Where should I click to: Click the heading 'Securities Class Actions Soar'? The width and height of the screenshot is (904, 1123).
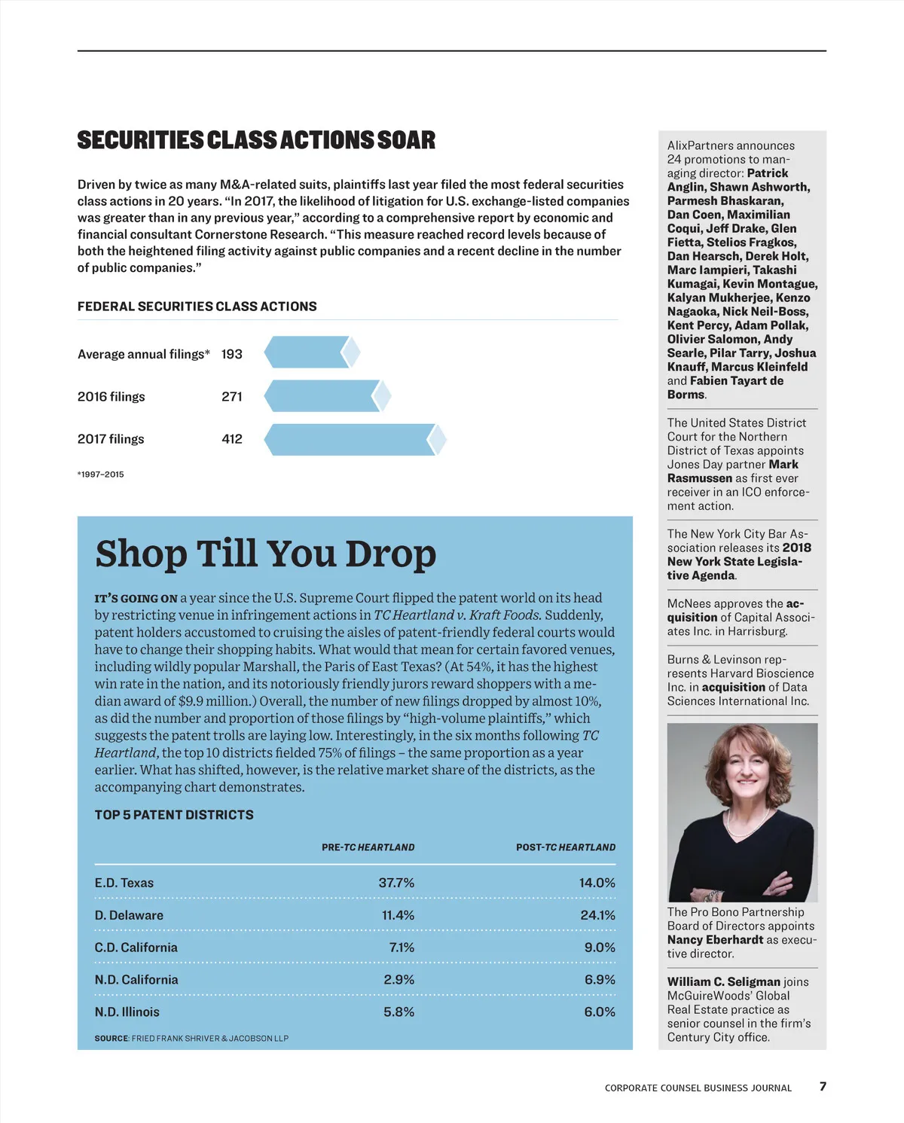256,141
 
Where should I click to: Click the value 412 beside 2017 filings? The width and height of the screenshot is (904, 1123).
232,439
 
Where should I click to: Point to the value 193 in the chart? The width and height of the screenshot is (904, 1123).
232,354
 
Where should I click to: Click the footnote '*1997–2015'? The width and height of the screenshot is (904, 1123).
101,475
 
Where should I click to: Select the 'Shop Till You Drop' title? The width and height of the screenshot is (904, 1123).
265,554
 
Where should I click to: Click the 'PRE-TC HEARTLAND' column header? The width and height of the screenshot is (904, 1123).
368,847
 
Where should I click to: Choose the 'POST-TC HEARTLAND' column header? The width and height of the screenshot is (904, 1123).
565,847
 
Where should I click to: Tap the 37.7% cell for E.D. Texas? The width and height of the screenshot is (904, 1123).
396,883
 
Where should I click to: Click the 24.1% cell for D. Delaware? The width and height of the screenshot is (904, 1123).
597,915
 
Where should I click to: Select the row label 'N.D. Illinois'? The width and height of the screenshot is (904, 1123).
127,1012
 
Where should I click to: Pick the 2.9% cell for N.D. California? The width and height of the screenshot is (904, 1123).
399,980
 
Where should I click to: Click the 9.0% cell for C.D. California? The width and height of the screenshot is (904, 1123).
600,948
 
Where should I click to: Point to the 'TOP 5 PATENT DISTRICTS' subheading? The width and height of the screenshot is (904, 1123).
174,815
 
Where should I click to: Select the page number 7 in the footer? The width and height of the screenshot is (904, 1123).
823,1087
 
